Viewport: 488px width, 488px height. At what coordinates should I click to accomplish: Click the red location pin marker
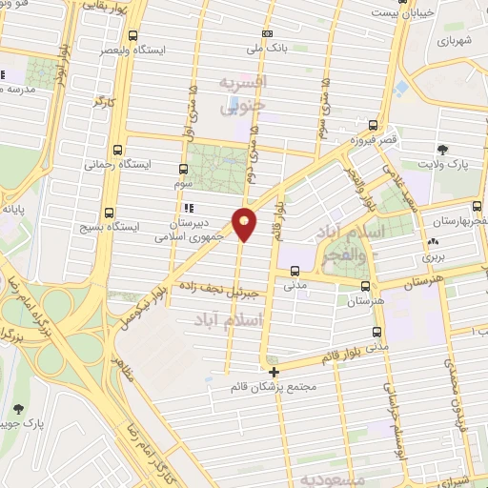click(x=245, y=223)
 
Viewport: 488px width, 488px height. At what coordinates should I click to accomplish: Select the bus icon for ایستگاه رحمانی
click(x=116, y=150)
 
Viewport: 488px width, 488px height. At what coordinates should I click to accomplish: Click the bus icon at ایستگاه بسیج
click(x=108, y=213)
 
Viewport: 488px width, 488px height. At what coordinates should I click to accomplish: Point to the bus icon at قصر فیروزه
click(x=374, y=124)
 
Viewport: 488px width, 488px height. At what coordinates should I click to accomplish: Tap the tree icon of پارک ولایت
click(x=442, y=149)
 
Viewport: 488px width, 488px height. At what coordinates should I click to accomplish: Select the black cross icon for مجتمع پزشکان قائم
click(x=274, y=373)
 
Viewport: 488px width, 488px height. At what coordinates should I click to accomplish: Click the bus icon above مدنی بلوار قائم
click(x=376, y=333)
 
